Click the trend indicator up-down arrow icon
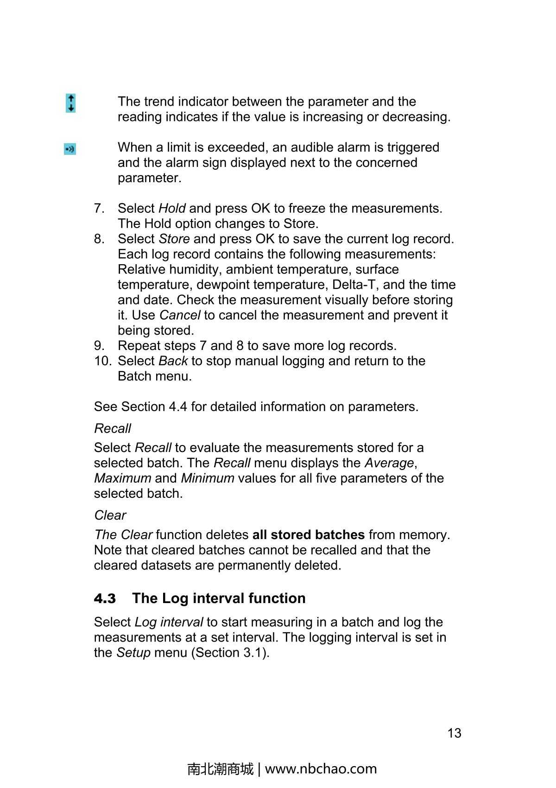coord(70,103)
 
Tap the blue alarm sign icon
coord(70,149)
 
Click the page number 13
coord(454,733)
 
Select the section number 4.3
coord(105,598)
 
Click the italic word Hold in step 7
coord(172,209)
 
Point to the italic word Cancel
coord(180,315)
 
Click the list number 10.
coord(103,361)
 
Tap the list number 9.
coord(99,346)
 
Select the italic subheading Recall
coord(113,428)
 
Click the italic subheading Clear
coord(110,515)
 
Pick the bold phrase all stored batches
coord(308,535)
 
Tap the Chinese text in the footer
coord(221,769)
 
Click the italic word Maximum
coord(122,478)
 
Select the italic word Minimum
coord(207,478)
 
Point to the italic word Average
coord(389,463)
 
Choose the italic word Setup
coord(133,653)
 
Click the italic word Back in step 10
coord(173,361)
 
